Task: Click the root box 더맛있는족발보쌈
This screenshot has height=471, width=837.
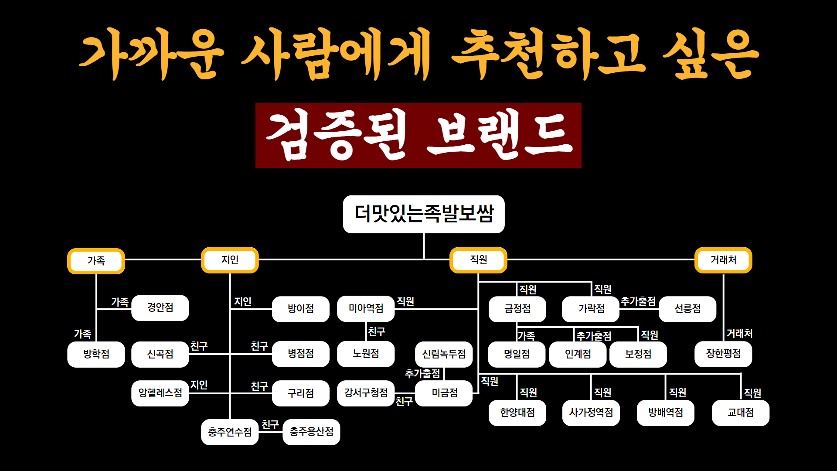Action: (x=424, y=214)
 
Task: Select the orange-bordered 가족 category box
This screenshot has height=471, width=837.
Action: (x=96, y=261)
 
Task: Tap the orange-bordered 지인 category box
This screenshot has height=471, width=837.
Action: (x=230, y=260)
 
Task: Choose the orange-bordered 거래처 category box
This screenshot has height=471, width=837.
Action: (x=723, y=260)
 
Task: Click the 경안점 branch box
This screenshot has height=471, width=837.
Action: (x=160, y=307)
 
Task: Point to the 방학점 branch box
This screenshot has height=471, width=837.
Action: (x=96, y=354)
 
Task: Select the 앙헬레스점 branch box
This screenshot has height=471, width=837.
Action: (x=160, y=393)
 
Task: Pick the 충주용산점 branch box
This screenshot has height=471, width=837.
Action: (x=311, y=432)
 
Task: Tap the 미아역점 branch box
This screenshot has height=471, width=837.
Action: (x=366, y=308)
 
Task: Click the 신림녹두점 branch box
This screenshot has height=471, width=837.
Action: (x=444, y=354)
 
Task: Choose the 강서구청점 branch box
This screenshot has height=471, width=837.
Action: (x=366, y=393)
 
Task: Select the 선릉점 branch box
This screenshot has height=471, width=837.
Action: (x=687, y=309)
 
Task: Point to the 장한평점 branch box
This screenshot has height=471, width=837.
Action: (x=723, y=354)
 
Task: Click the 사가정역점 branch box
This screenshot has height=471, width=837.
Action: (x=591, y=413)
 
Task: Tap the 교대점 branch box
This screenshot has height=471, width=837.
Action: (x=740, y=413)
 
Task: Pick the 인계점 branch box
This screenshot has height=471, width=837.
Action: (x=578, y=354)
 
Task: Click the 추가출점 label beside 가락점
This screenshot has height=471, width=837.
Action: (x=638, y=301)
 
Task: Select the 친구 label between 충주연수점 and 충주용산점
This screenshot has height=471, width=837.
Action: (x=270, y=425)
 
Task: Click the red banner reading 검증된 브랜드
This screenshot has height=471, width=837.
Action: (x=418, y=135)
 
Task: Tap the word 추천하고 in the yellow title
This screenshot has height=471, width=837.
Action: (x=548, y=55)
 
